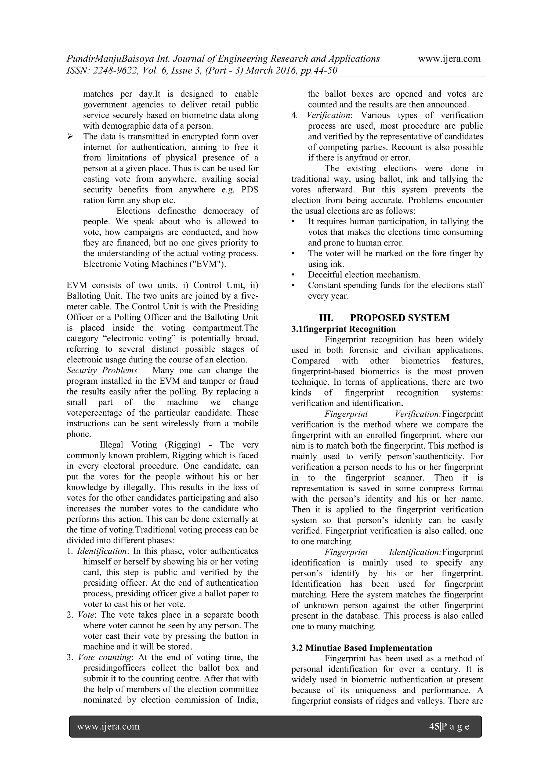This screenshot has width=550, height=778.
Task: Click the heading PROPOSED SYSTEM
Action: (x=400, y=318)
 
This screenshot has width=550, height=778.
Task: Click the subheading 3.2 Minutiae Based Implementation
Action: (x=362, y=648)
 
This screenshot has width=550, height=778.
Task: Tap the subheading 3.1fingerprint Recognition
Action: (x=343, y=329)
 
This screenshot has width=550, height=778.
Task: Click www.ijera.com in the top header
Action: (x=449, y=59)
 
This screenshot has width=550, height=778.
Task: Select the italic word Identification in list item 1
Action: (x=101, y=551)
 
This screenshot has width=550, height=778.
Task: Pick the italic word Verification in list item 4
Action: (x=328, y=115)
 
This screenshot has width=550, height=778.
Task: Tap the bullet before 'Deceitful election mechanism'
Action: (x=293, y=275)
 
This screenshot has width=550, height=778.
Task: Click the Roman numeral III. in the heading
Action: (x=326, y=318)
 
